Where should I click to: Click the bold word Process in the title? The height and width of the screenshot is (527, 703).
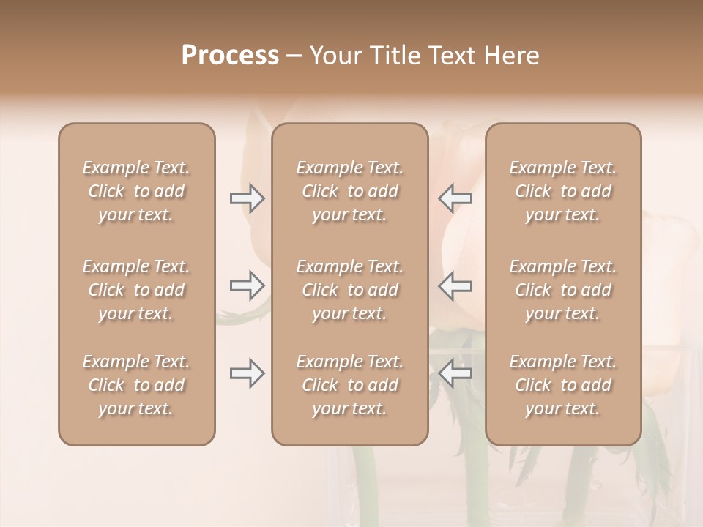tap(230, 56)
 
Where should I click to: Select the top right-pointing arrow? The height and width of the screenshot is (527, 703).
tap(247, 198)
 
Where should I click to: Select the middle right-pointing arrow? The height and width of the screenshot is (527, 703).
tap(247, 285)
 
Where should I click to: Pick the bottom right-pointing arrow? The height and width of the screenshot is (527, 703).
tap(247, 373)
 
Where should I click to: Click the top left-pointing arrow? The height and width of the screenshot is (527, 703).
tap(455, 198)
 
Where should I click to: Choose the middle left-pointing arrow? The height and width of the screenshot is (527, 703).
tap(455, 285)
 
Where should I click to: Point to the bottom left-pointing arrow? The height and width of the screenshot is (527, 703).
tap(455, 373)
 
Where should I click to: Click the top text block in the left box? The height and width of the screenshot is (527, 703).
tap(136, 191)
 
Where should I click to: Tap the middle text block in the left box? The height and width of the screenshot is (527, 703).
tap(136, 290)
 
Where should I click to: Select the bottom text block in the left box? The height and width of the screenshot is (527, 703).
tap(136, 385)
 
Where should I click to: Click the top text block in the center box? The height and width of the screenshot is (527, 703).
tap(349, 191)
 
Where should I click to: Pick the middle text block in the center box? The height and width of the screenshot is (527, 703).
tap(349, 290)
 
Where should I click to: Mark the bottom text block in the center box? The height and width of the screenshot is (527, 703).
tap(349, 385)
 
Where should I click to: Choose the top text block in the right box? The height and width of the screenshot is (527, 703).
tap(562, 191)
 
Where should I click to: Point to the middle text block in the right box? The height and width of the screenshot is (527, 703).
tap(562, 290)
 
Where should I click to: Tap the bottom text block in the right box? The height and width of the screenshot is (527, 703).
tap(562, 385)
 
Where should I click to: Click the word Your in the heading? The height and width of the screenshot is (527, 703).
tap(335, 56)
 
